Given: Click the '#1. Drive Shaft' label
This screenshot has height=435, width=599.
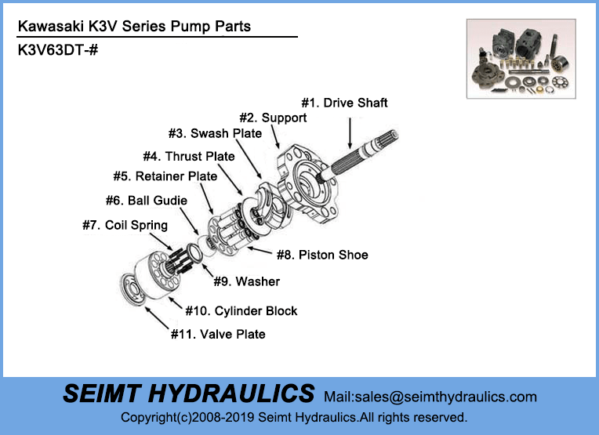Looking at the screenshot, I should click(345, 103).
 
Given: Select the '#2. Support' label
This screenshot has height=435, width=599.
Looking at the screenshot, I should click(273, 118).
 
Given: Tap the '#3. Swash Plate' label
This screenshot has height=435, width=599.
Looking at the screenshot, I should click(215, 133).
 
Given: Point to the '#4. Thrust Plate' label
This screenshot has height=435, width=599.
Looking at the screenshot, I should click(188, 157).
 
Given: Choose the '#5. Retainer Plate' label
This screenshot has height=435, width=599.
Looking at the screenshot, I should click(165, 176).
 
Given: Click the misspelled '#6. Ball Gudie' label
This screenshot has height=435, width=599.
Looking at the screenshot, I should click(146, 201).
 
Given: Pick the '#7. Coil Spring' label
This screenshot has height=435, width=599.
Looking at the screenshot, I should click(125, 226).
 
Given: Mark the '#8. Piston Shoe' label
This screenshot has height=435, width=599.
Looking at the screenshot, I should click(321, 255).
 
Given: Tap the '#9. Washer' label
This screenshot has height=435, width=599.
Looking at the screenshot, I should click(246, 281).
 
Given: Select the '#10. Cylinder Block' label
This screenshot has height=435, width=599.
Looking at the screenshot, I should click(241, 311).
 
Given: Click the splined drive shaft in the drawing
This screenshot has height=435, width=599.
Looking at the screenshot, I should click(361, 152).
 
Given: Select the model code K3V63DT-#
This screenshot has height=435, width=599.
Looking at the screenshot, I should click(57, 50).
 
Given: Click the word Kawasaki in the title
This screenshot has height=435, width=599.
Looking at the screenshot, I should click(45, 27).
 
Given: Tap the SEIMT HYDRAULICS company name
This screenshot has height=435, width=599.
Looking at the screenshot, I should click(188, 393).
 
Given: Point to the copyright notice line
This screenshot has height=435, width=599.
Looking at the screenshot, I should click(294, 418).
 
